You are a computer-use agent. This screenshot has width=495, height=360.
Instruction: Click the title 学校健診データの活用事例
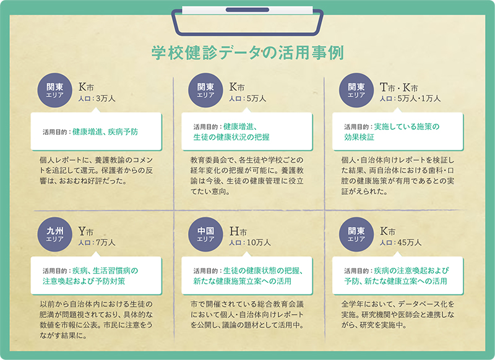[x=247, y=53]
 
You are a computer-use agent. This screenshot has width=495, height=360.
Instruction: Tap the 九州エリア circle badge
[x=54, y=234]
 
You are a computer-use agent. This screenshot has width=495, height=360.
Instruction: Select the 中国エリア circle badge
[x=205, y=234]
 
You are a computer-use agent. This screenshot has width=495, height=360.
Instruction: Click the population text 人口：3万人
[x=97, y=98]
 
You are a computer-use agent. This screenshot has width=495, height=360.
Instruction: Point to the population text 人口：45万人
[x=400, y=242]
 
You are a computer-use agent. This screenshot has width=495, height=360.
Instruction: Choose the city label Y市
[x=86, y=231]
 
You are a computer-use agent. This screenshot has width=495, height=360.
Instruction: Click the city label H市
[x=238, y=231]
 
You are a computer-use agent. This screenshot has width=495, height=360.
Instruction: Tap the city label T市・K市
[x=398, y=87]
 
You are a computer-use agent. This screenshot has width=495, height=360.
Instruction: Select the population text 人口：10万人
[x=250, y=242]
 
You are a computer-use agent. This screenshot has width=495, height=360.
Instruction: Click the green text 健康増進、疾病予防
[x=105, y=132]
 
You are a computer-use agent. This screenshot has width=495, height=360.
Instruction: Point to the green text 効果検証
[x=359, y=137]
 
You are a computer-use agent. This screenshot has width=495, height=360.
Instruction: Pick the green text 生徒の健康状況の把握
[x=231, y=137]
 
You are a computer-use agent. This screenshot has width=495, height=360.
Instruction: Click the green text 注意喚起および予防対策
[x=84, y=281]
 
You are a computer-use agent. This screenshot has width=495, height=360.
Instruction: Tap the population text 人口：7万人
[x=97, y=242]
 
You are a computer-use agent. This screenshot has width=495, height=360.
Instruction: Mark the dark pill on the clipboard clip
[x=247, y=10]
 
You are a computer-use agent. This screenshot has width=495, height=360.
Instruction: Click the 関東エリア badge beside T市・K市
[x=356, y=90]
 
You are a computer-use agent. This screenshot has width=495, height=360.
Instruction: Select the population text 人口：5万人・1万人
[x=410, y=98]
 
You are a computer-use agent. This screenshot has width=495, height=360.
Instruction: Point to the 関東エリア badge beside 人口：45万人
[x=356, y=234]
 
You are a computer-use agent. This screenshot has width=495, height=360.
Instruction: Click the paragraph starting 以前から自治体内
[x=97, y=320]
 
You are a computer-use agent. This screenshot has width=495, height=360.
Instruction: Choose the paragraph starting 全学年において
[x=398, y=314]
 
